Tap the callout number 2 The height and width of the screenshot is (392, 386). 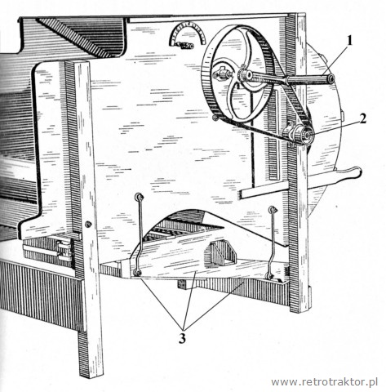(x=362, y=118)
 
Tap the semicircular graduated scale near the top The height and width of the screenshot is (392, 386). (x=188, y=33)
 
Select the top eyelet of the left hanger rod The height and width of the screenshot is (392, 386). (x=140, y=196)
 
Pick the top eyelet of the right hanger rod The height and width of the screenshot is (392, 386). (x=273, y=210)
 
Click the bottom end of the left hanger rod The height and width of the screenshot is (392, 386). (x=137, y=273)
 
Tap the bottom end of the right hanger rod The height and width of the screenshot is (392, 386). (x=269, y=276)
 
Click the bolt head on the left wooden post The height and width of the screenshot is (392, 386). (x=88, y=225)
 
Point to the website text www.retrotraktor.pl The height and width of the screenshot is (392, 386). (x=325, y=381)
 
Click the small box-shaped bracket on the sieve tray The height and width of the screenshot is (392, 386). (x=222, y=254)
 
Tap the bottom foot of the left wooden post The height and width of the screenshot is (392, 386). (x=91, y=373)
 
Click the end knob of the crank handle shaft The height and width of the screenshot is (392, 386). (x=331, y=78)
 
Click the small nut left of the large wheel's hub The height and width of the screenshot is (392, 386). (x=220, y=74)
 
